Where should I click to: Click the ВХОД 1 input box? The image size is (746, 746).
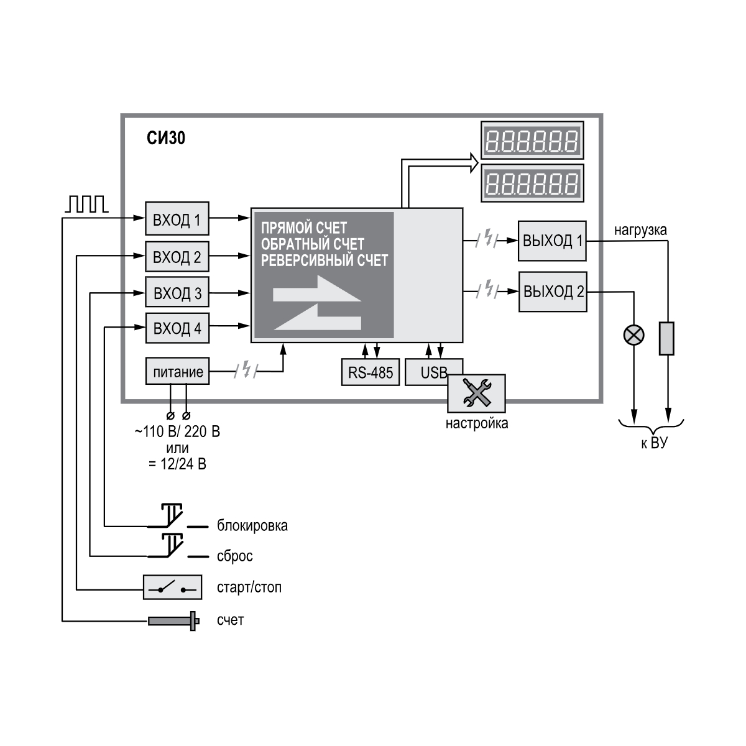click(177, 219)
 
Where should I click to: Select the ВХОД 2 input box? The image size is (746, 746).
click(177, 257)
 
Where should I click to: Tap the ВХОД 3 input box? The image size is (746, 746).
click(177, 293)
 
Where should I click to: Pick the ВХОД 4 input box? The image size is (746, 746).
click(177, 328)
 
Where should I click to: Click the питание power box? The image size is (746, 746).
click(177, 372)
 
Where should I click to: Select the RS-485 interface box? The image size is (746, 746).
click(371, 372)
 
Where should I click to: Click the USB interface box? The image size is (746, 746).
click(426, 372)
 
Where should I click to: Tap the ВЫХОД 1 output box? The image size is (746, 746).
click(552, 241)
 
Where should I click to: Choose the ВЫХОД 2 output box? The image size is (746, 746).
click(553, 292)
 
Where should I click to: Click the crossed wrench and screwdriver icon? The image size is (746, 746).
click(476, 394)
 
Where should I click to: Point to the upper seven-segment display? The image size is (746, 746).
click(532, 140)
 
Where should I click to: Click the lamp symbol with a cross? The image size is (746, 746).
click(633, 336)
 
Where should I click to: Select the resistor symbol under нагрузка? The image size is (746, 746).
click(666, 338)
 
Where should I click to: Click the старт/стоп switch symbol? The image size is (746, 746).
click(172, 587)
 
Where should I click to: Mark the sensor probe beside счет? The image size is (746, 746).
click(173, 620)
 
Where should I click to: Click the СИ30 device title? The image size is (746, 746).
click(166, 137)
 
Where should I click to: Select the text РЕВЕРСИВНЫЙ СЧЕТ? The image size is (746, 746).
click(324, 260)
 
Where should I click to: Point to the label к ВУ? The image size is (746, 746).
click(653, 444)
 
